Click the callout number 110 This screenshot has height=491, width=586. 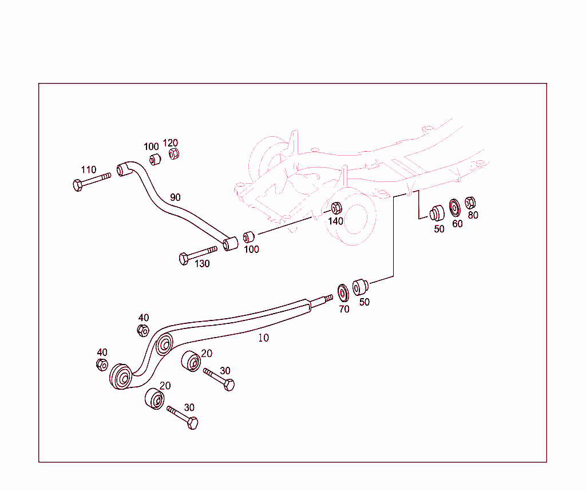point(88,170)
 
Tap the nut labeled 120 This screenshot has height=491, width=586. point(174,153)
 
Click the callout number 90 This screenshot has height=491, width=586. point(175,197)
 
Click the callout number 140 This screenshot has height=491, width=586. point(336,221)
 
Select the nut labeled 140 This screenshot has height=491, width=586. point(336,208)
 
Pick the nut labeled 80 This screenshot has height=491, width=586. point(470,203)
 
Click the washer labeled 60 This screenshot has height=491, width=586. point(455,207)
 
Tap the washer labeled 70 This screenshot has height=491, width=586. point(343,292)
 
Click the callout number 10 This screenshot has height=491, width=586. point(263,338)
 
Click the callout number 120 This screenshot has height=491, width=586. point(171,142)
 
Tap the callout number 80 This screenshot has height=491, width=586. point(473,215)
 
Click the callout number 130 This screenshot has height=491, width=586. point(202,264)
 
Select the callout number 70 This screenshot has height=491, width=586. point(344,309)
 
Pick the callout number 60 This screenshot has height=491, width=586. point(457,224)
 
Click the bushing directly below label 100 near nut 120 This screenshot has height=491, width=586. point(154,159)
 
